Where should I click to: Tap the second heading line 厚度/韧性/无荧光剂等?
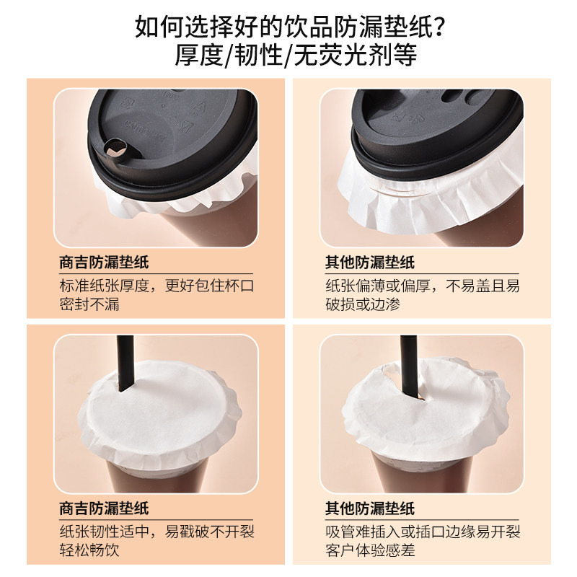[x=296, y=56]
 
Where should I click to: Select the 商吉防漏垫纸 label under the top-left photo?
[x=104, y=263]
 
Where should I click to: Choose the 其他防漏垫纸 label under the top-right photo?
[x=370, y=263]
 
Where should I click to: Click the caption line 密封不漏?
[x=89, y=304]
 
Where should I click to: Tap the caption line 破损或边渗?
[x=363, y=304]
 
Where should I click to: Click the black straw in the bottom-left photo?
[x=125, y=364]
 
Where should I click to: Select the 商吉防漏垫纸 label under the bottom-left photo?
[x=104, y=508]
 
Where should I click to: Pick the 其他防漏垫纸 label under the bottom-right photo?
[x=370, y=508]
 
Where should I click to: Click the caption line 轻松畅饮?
[x=89, y=550]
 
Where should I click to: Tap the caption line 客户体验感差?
[x=370, y=550]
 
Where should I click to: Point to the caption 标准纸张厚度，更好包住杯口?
[x=157, y=286]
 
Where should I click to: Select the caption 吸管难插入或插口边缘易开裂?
[x=423, y=532]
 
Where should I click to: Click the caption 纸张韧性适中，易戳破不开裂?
[x=157, y=532]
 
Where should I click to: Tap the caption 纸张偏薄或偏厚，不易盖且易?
[x=423, y=286]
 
